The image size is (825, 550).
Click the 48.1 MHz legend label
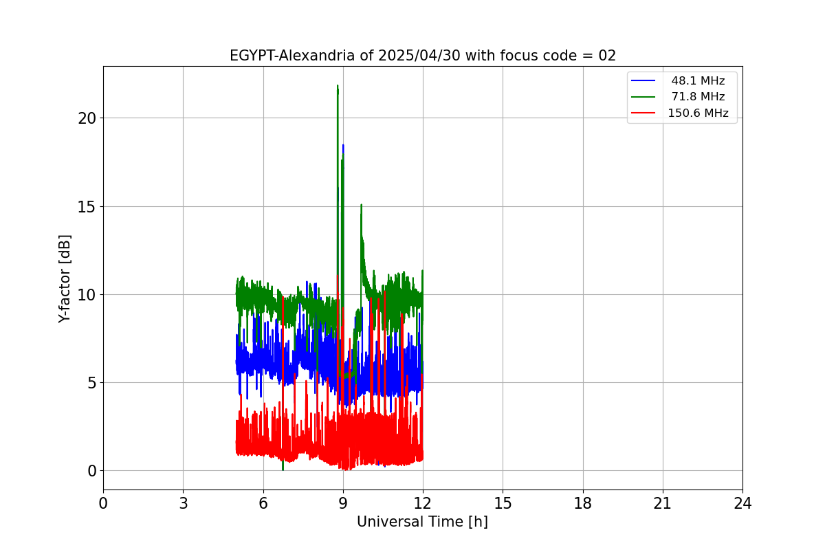tap(698, 81)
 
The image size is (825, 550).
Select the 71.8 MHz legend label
tap(698, 97)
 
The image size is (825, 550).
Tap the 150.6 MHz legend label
tap(698, 113)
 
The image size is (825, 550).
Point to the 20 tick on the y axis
tap(87, 118)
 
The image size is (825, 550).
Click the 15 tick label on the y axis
tap(87, 206)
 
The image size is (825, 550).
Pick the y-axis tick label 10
tap(87, 295)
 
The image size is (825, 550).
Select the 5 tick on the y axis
tap(91, 383)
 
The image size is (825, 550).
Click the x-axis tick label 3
tap(183, 503)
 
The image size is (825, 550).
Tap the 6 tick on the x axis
tap(263, 503)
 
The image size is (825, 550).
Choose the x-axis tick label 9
tap(343, 503)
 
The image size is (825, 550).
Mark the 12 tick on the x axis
tap(423, 503)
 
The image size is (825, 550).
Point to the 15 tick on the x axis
tap(503, 503)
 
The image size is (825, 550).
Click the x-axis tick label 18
tap(582, 503)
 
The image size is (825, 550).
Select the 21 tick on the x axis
tap(663, 503)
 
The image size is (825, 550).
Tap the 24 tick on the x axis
tap(742, 503)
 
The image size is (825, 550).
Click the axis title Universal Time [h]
tap(422, 522)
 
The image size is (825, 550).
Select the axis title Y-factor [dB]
tap(65, 278)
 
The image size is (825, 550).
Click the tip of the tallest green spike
tap(338, 86)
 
